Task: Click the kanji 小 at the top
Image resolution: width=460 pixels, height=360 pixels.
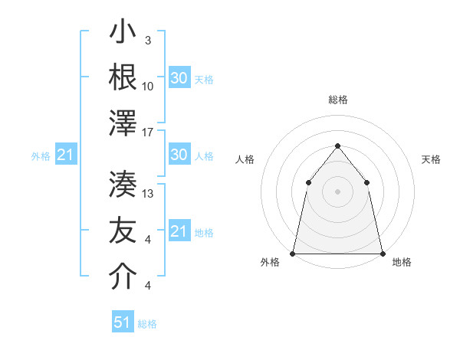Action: pos(123,34)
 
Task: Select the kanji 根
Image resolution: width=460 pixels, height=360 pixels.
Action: pos(123,77)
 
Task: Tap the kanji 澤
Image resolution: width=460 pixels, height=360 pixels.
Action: pos(123,123)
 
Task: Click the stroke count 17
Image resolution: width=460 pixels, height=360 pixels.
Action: pos(148,133)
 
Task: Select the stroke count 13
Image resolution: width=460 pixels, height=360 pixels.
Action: pos(148,193)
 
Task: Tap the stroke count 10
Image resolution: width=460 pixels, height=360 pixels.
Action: pos(148,87)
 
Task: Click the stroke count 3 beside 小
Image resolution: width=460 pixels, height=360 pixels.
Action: pos(148,41)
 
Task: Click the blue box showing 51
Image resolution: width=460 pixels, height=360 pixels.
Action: pos(122,322)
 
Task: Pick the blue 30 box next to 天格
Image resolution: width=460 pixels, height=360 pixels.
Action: pos(179,78)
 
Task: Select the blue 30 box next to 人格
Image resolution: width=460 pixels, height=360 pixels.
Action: pos(179,155)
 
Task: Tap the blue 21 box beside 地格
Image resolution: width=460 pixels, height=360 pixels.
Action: pos(179,231)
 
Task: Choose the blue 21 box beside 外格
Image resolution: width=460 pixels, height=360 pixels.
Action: pos(65,155)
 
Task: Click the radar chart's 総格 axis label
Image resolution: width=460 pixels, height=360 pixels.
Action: pos(338,100)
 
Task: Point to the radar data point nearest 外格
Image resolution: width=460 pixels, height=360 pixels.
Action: pos(293,254)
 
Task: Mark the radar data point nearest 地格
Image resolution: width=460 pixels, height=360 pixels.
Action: pos(383,254)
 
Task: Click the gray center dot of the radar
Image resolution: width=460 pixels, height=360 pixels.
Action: pos(337,191)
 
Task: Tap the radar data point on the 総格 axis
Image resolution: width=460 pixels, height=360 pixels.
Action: pos(337,146)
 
